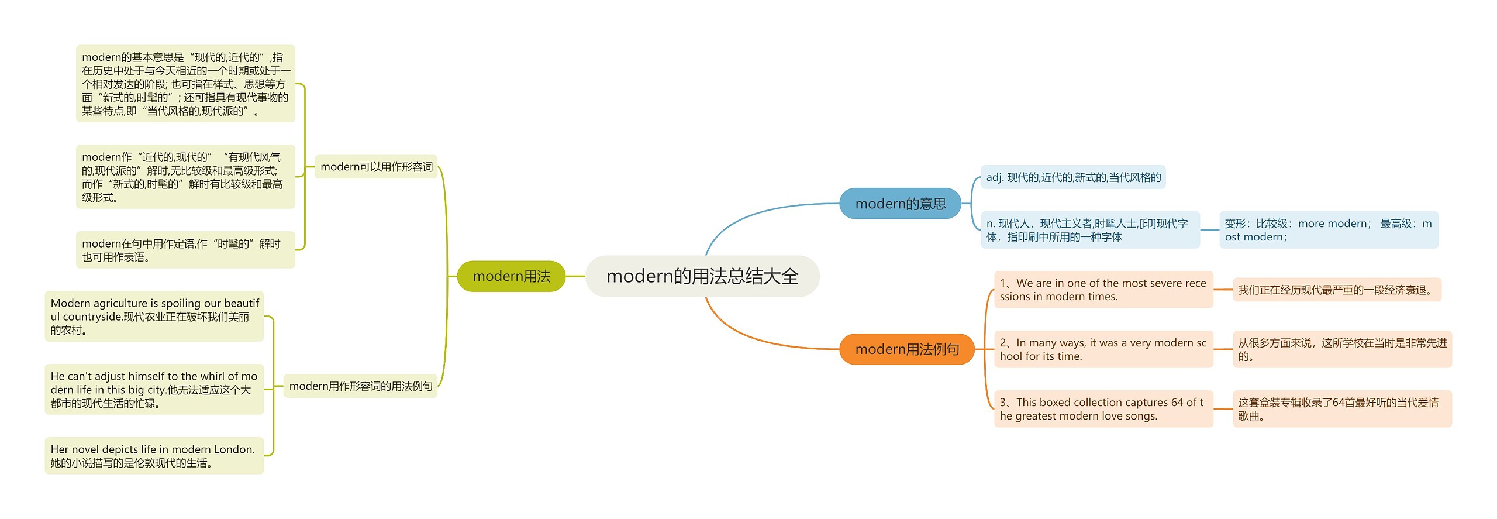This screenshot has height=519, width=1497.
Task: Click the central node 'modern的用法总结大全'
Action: (x=702, y=276)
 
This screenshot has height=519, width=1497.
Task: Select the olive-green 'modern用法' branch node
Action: (x=511, y=276)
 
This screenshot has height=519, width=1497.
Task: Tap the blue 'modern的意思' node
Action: (x=900, y=204)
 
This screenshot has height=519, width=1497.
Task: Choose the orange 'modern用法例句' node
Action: (x=906, y=349)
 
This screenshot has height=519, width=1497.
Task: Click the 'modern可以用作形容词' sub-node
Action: (x=376, y=167)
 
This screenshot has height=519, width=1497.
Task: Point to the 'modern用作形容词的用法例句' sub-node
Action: (x=360, y=386)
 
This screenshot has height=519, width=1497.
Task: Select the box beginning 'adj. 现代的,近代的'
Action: (x=1073, y=177)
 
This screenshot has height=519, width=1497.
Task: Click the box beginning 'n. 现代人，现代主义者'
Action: (x=1089, y=230)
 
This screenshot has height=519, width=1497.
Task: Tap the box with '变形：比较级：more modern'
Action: (x=1328, y=230)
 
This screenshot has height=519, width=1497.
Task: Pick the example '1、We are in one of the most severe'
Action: (x=1103, y=290)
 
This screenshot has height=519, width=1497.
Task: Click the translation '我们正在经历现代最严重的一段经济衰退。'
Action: (x=1336, y=290)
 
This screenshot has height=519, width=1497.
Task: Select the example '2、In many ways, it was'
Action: (x=1103, y=349)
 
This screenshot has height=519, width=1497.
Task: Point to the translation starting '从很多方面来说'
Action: (x=1341, y=349)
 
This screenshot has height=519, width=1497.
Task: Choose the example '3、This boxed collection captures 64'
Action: (x=1103, y=409)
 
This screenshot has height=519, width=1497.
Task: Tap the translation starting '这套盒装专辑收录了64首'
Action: (x=1341, y=409)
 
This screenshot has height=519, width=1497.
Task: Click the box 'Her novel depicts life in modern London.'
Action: (x=154, y=456)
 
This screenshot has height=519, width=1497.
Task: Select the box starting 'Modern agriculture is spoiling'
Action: (x=154, y=317)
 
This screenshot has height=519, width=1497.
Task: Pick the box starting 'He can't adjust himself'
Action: (x=154, y=390)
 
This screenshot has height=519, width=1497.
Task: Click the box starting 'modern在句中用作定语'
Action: (x=185, y=250)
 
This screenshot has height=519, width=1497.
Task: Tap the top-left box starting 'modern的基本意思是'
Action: (x=185, y=84)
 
